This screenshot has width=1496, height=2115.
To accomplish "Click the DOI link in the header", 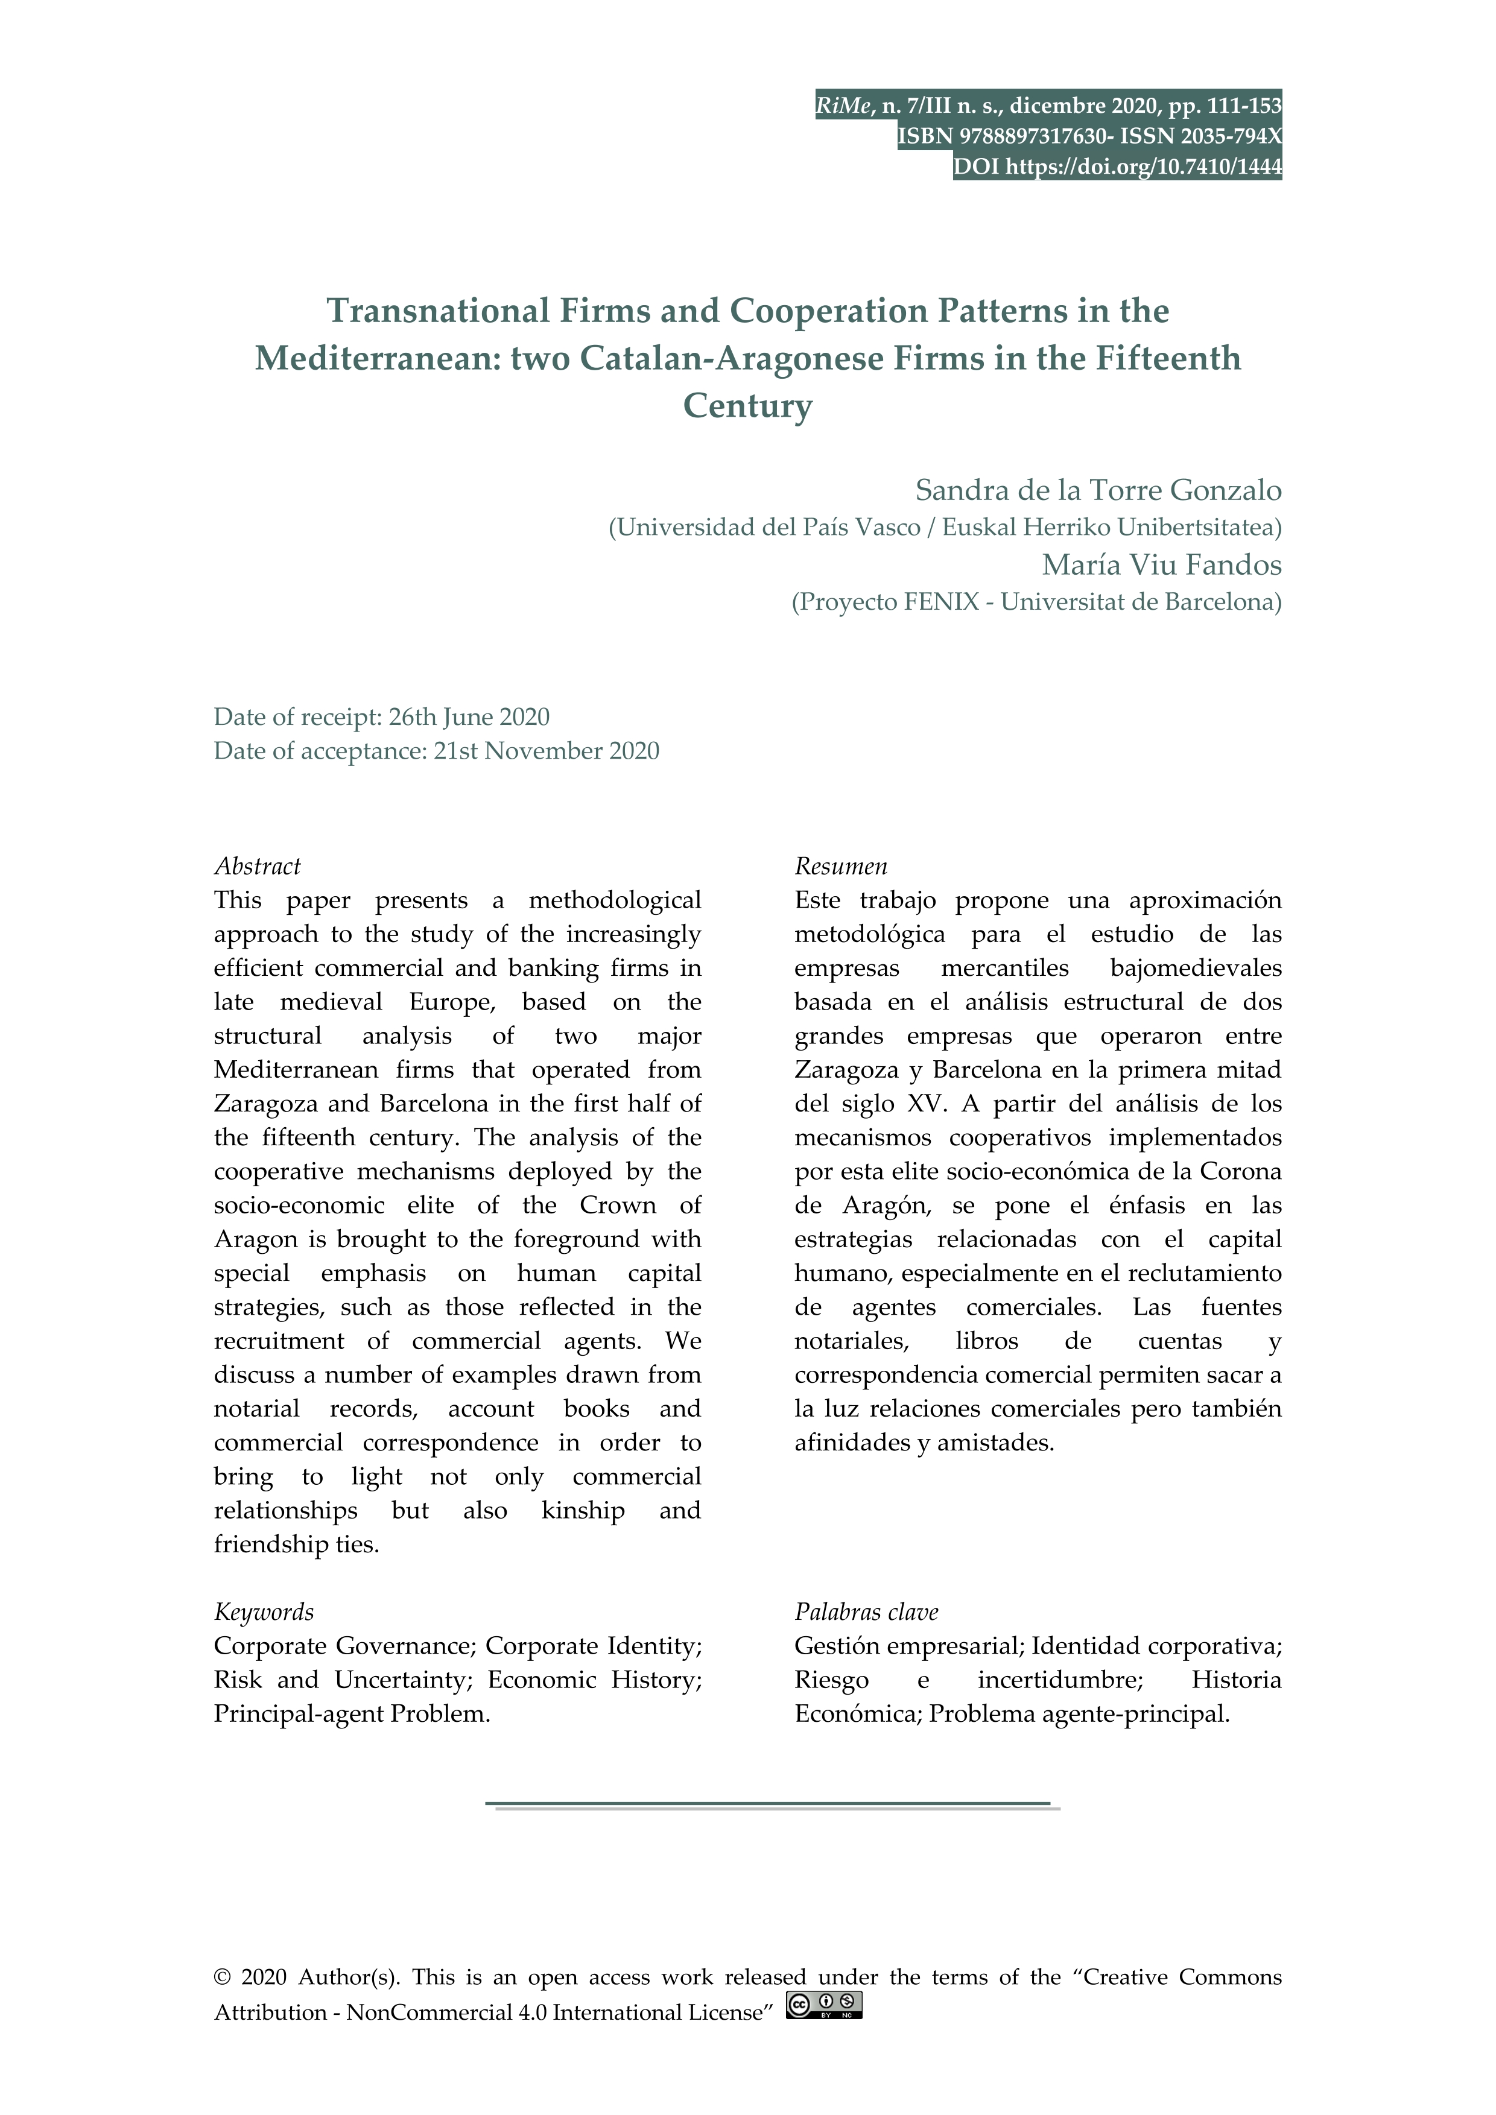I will click(1143, 166).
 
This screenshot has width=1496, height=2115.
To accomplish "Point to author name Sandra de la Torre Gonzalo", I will click(1097, 490).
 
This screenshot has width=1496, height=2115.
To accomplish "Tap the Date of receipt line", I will click(381, 716).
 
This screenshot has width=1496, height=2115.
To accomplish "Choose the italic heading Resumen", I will click(840, 866).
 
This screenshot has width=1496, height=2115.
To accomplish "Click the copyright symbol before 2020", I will click(221, 2003).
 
